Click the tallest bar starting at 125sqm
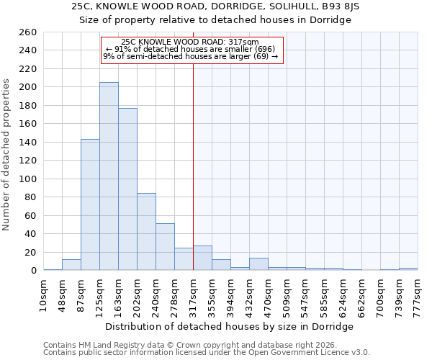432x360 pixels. point(109,176)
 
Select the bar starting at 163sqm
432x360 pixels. point(127,189)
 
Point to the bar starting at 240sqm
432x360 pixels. point(165,247)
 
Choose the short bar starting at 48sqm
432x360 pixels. point(71,265)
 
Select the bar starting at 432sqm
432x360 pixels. point(258,264)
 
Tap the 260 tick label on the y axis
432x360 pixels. point(29,32)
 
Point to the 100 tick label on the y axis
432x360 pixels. point(29,179)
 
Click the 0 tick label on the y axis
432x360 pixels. point(34,271)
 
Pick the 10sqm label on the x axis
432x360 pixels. point(43,292)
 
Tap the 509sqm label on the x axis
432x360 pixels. point(287,293)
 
